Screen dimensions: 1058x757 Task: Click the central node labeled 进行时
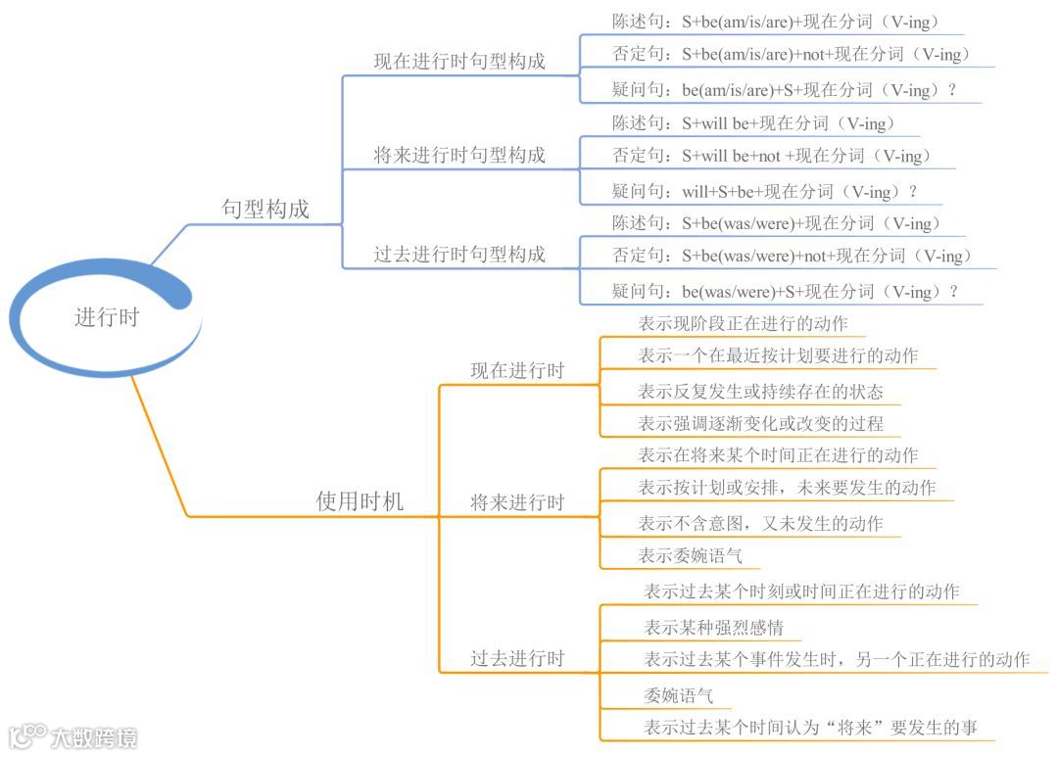pos(107,317)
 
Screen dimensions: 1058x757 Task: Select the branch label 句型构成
pos(264,209)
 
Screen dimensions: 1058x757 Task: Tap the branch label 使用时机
pos(360,501)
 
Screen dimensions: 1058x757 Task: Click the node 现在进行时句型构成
pos(459,62)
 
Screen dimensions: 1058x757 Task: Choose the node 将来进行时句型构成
pos(459,155)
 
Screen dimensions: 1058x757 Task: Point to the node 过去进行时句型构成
pos(459,255)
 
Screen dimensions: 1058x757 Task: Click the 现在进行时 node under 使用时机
pos(517,371)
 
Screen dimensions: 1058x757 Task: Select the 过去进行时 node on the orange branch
pos(517,659)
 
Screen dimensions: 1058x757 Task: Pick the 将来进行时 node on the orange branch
pos(517,503)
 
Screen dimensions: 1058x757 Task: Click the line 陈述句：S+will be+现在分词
pos(753,123)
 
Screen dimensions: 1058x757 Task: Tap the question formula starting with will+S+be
pos(765,192)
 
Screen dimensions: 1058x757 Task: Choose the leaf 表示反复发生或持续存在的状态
pos(760,392)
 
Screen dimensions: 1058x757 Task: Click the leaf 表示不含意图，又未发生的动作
pos(760,524)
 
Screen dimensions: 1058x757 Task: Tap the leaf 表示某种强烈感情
pos(713,627)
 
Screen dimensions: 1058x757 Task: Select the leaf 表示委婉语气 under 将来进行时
pos(690,556)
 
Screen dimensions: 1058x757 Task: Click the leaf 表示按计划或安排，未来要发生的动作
pos(787,488)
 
